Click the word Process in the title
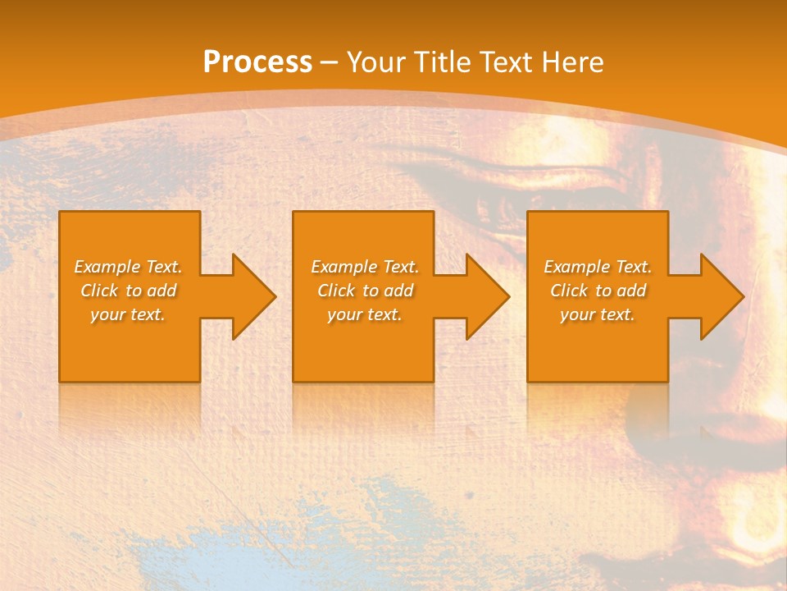[257, 62]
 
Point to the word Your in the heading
[376, 62]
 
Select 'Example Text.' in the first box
[128, 267]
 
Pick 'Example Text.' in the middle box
[365, 267]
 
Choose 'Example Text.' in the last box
[598, 267]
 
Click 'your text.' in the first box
[128, 314]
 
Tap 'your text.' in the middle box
[365, 314]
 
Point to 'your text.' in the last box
[598, 314]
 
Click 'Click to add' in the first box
[128, 291]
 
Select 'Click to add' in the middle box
[365, 291]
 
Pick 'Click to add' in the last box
[598, 291]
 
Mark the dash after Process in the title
[330, 63]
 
